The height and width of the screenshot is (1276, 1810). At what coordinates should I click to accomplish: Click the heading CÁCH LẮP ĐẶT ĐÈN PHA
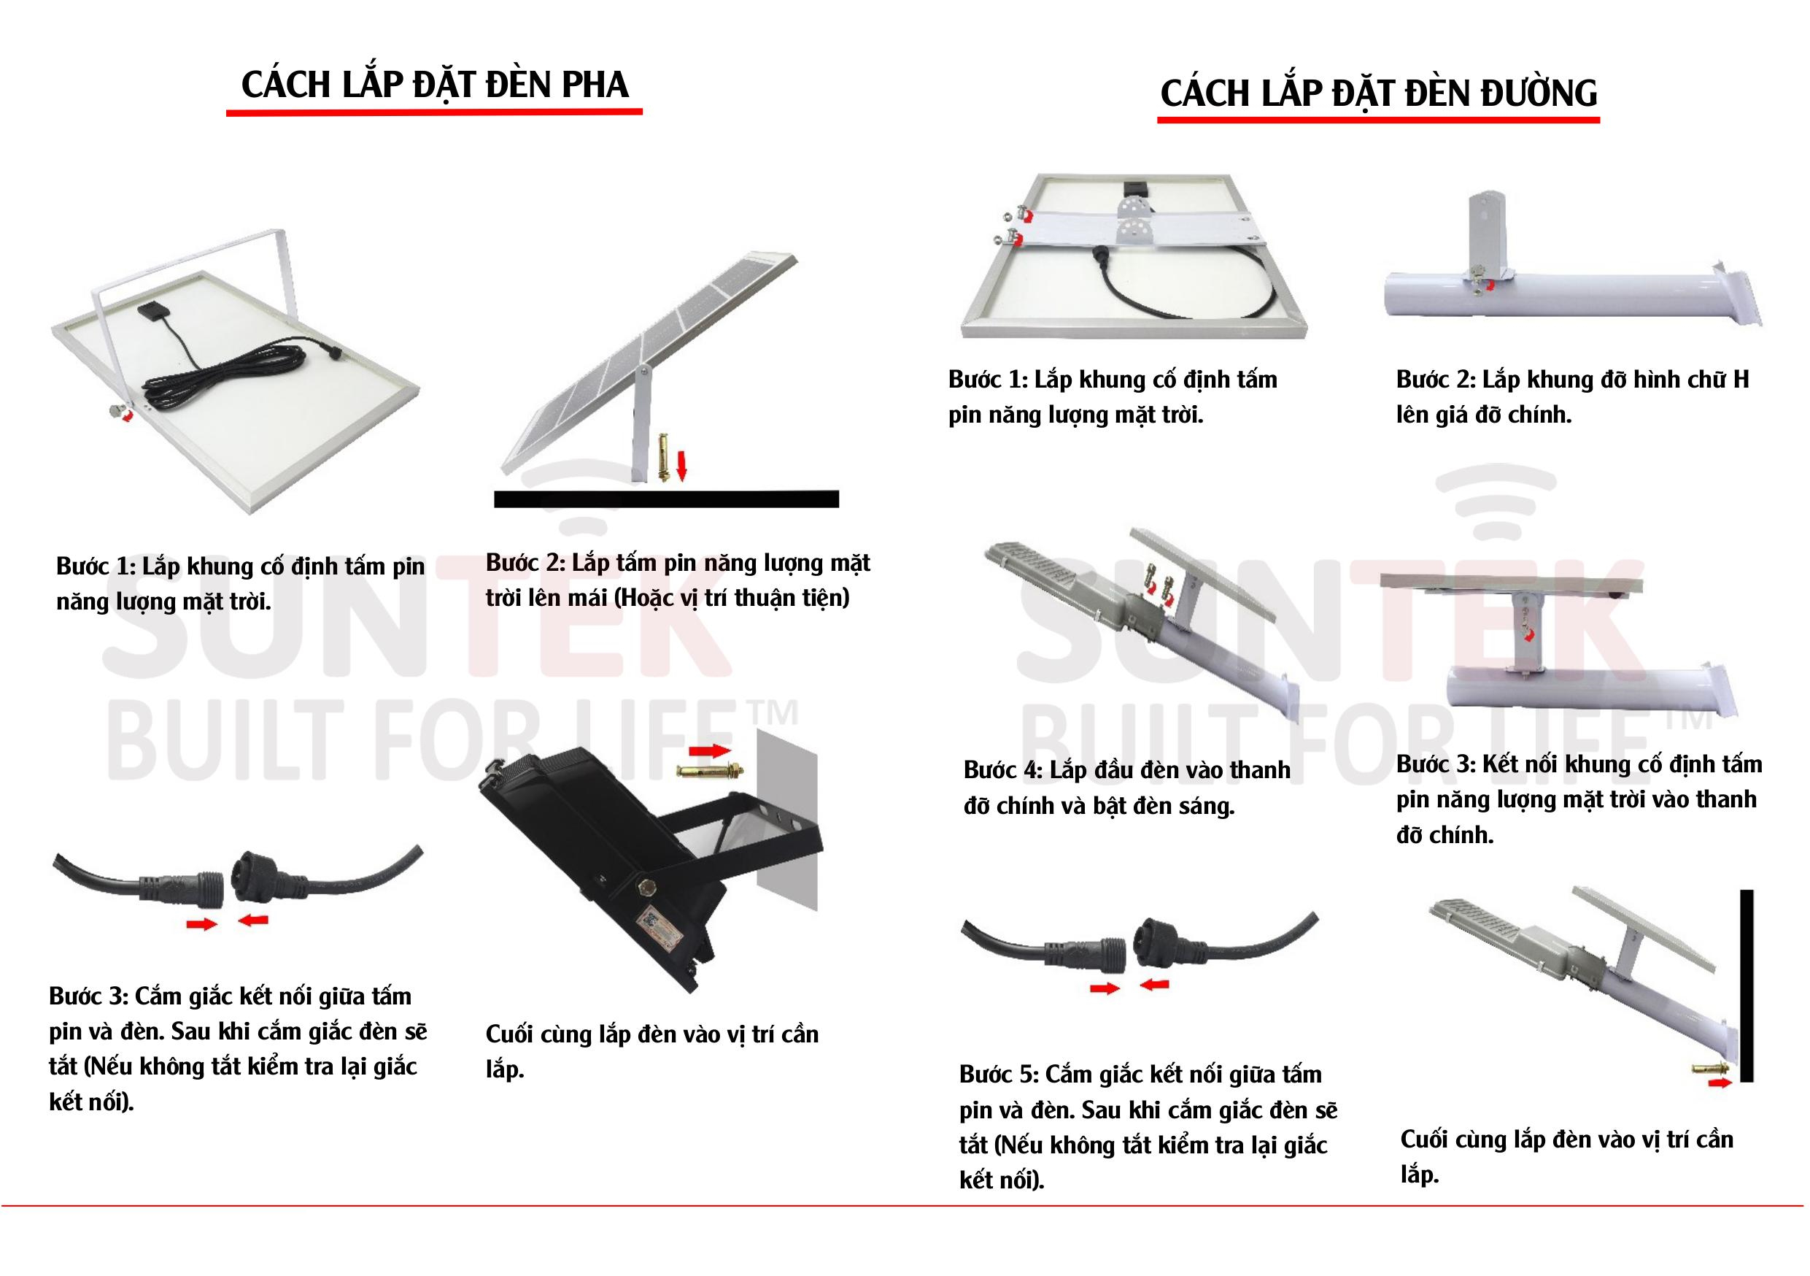tap(434, 85)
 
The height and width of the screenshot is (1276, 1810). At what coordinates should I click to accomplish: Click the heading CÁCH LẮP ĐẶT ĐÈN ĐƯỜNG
tap(1379, 92)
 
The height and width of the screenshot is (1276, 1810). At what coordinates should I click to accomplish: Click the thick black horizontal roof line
tap(666, 499)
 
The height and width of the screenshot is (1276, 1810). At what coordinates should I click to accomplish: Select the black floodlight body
tap(599, 867)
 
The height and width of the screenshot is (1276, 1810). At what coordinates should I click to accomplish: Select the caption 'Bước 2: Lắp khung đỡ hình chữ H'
tap(1573, 380)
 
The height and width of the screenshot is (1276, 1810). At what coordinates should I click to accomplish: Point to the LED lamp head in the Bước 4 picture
tap(1056, 580)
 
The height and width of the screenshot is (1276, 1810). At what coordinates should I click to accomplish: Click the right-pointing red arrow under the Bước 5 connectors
tap(1105, 988)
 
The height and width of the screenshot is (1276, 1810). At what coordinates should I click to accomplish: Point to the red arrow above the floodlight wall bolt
tap(711, 748)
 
